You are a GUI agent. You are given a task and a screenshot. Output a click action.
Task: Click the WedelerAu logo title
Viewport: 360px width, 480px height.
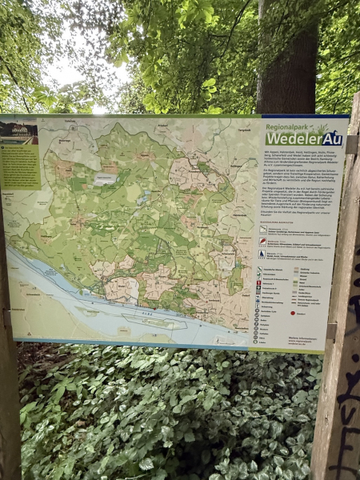[x=304, y=138]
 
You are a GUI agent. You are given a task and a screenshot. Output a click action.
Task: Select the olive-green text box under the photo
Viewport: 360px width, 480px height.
[x=19, y=166]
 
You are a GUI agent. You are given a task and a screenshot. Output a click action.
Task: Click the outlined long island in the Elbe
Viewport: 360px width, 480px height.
[x=156, y=322]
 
